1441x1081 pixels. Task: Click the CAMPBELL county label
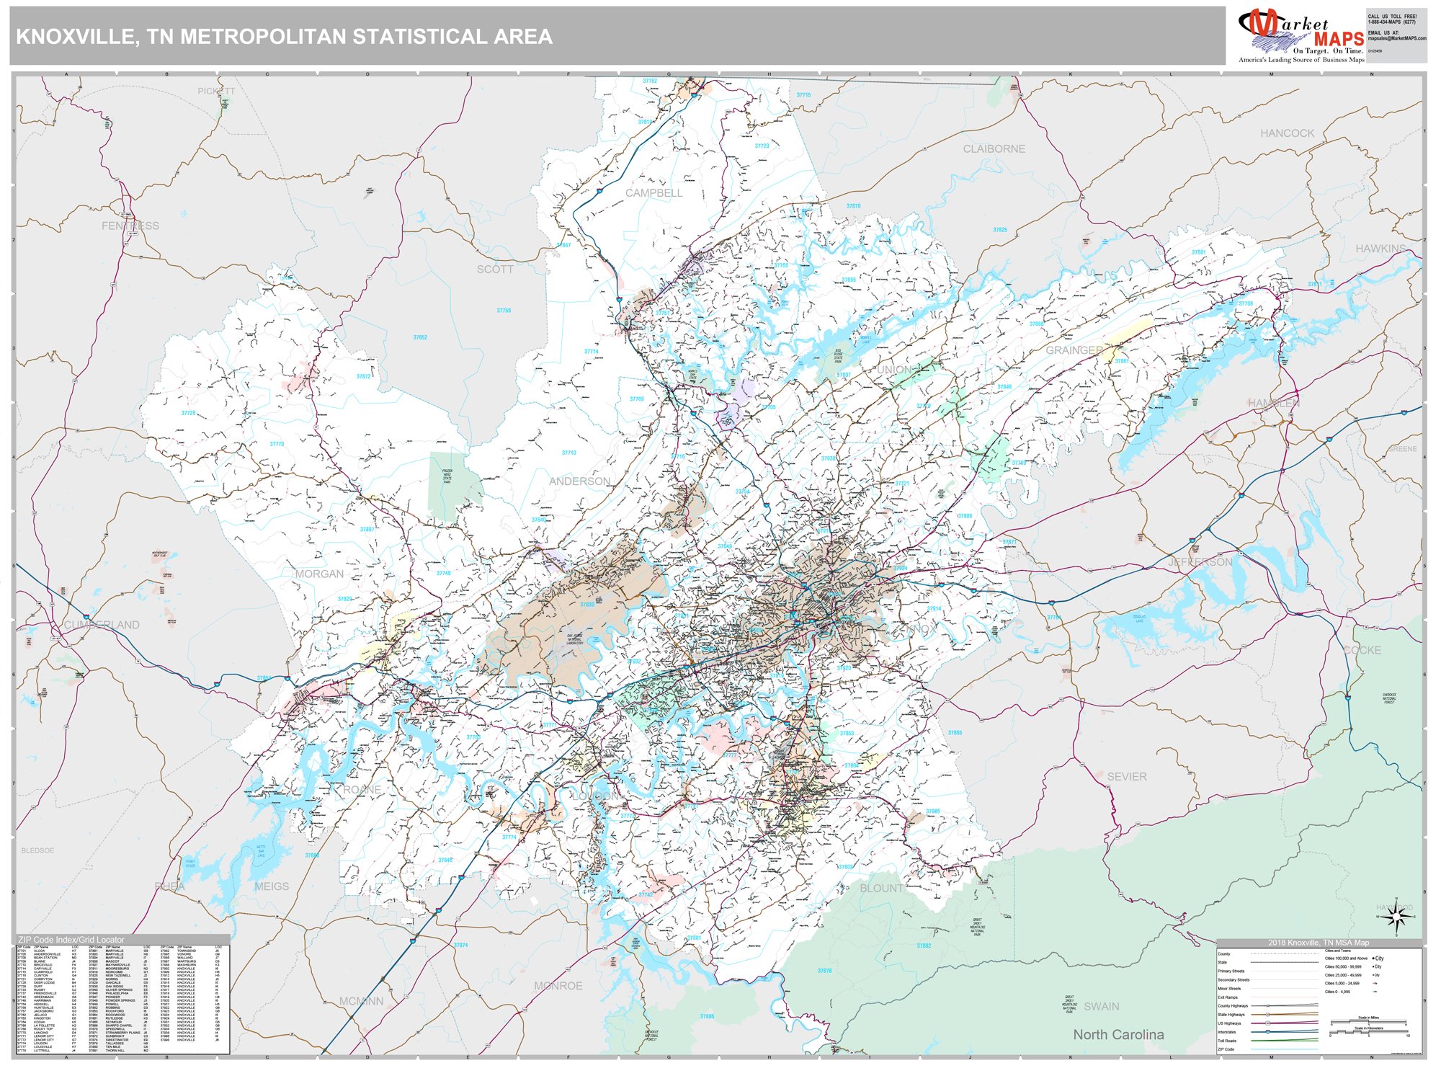653,193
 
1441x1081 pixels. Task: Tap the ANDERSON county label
579,481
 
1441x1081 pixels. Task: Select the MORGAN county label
319,574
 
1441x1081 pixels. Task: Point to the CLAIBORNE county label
994,149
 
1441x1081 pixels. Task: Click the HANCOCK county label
1287,133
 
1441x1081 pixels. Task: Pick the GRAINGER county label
1074,350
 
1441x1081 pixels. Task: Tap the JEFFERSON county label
1200,562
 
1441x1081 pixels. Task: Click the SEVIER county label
1126,777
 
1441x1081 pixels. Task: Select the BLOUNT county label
881,889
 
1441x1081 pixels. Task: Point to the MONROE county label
558,986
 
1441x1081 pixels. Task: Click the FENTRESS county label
130,226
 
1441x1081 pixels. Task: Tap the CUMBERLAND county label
102,625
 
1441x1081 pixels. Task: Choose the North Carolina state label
1118,1035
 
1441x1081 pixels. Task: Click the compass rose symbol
1396,917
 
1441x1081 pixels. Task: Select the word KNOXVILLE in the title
71,37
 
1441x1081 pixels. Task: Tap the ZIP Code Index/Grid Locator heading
71,940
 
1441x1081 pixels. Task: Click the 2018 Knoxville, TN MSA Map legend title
1319,943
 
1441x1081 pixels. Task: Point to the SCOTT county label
495,270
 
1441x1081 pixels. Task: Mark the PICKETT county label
216,92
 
